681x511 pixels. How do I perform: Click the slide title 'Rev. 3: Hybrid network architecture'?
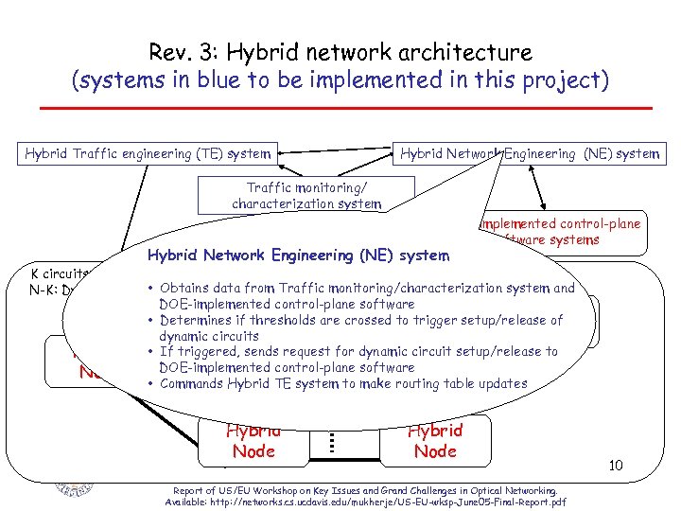(x=340, y=53)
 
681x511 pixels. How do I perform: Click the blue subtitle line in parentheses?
(x=340, y=80)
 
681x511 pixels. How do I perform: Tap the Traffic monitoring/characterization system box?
(x=306, y=195)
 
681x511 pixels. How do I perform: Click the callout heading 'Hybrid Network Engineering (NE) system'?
(x=297, y=255)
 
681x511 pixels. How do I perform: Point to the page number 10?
(x=615, y=465)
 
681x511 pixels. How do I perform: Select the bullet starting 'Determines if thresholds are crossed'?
(x=360, y=327)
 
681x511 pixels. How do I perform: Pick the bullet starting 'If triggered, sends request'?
(x=358, y=359)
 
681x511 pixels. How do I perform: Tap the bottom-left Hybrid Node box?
(x=253, y=442)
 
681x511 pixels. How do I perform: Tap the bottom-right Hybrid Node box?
(x=435, y=442)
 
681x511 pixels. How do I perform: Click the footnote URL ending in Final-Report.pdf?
(x=365, y=502)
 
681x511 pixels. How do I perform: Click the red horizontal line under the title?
(x=340, y=109)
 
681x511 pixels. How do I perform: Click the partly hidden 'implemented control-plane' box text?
(x=560, y=224)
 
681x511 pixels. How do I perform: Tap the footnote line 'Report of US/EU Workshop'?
(x=365, y=490)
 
